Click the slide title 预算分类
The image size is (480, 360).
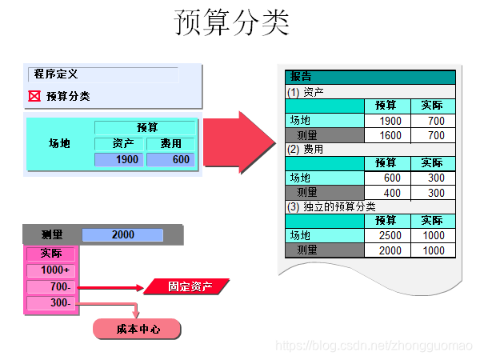tap(232, 23)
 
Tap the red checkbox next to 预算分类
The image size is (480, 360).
tap(34, 96)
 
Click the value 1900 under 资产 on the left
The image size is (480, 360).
tap(119, 160)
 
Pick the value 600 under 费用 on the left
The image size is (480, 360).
tap(170, 160)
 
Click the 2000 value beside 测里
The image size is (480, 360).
tap(122, 235)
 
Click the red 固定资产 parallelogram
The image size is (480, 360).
tap(186, 286)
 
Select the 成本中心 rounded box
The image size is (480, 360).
tap(138, 329)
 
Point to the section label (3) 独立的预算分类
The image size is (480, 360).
tap(331, 206)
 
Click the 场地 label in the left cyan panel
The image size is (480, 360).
tap(60, 144)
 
